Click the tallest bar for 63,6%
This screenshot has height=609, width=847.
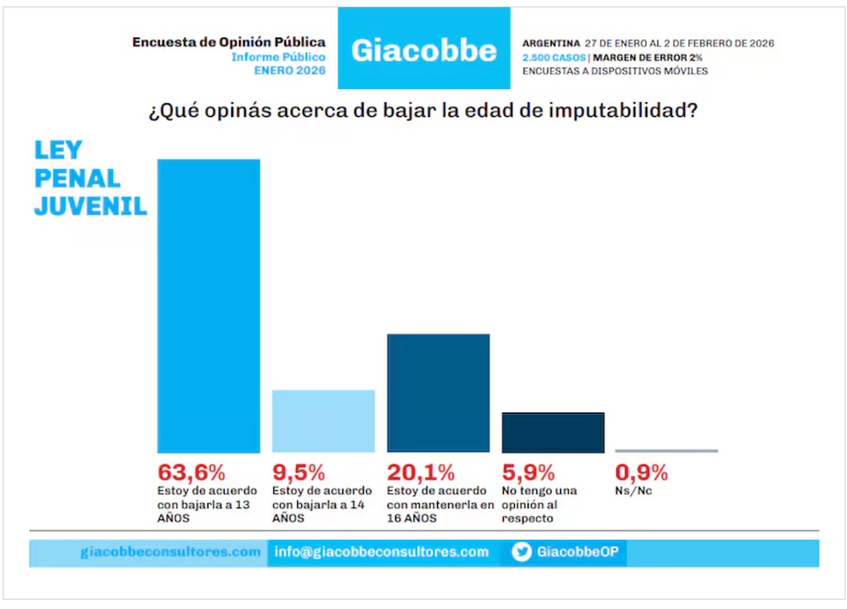(x=208, y=305)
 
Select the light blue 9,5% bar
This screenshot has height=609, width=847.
(x=323, y=420)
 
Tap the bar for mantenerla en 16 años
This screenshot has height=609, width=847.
(x=438, y=392)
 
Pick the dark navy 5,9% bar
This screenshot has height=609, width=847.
(x=552, y=432)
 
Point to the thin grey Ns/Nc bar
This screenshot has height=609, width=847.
(x=666, y=450)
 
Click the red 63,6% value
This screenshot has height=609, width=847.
(x=191, y=472)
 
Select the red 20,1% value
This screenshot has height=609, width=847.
(x=421, y=472)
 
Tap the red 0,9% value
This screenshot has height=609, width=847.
(x=641, y=472)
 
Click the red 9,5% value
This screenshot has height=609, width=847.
(x=299, y=472)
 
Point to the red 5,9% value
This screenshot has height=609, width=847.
(x=528, y=472)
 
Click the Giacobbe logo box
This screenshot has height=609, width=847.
(x=423, y=49)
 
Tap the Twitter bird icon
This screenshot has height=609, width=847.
(x=522, y=552)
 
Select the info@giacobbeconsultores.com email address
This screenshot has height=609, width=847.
(x=382, y=552)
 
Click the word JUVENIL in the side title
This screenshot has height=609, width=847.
(x=91, y=207)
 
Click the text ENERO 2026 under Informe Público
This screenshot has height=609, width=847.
(x=289, y=71)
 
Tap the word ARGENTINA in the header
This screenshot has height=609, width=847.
(x=551, y=43)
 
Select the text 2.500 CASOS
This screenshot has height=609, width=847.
(x=553, y=57)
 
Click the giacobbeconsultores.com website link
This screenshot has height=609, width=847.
(x=171, y=552)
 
